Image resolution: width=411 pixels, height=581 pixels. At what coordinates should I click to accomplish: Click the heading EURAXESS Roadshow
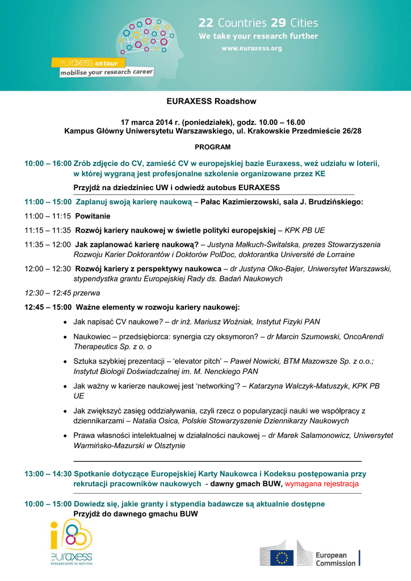point(211,102)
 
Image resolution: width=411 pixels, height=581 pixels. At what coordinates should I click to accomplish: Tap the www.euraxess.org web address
point(251,48)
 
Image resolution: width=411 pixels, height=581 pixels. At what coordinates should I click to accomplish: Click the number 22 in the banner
point(205,23)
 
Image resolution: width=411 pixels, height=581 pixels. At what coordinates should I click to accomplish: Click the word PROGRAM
point(213,147)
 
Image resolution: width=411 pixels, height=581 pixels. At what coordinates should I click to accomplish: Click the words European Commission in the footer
point(335,559)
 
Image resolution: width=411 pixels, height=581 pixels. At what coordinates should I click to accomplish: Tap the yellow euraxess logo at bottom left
point(70,542)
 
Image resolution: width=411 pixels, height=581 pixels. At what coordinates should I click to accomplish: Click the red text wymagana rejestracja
point(321,484)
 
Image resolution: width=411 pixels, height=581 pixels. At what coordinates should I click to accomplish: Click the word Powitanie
point(93,216)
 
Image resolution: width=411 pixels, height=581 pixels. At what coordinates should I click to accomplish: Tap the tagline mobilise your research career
point(107,73)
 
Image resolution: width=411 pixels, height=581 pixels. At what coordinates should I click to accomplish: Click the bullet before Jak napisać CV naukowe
point(66,322)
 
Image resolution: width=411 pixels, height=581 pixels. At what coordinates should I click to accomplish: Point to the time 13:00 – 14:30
point(48,473)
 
